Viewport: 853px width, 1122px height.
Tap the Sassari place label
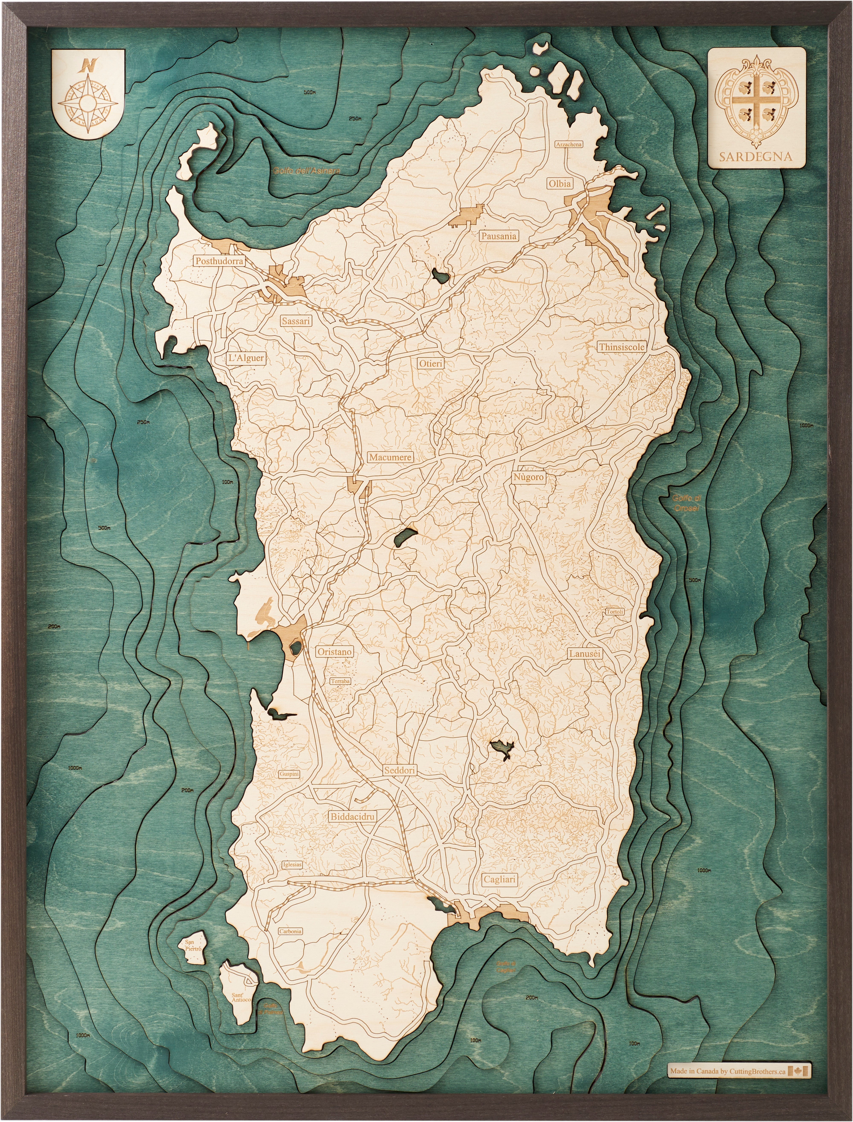point(296,321)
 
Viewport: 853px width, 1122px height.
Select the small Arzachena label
point(569,144)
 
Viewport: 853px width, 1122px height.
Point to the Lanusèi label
point(585,654)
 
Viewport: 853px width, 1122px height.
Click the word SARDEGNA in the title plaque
point(756,156)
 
